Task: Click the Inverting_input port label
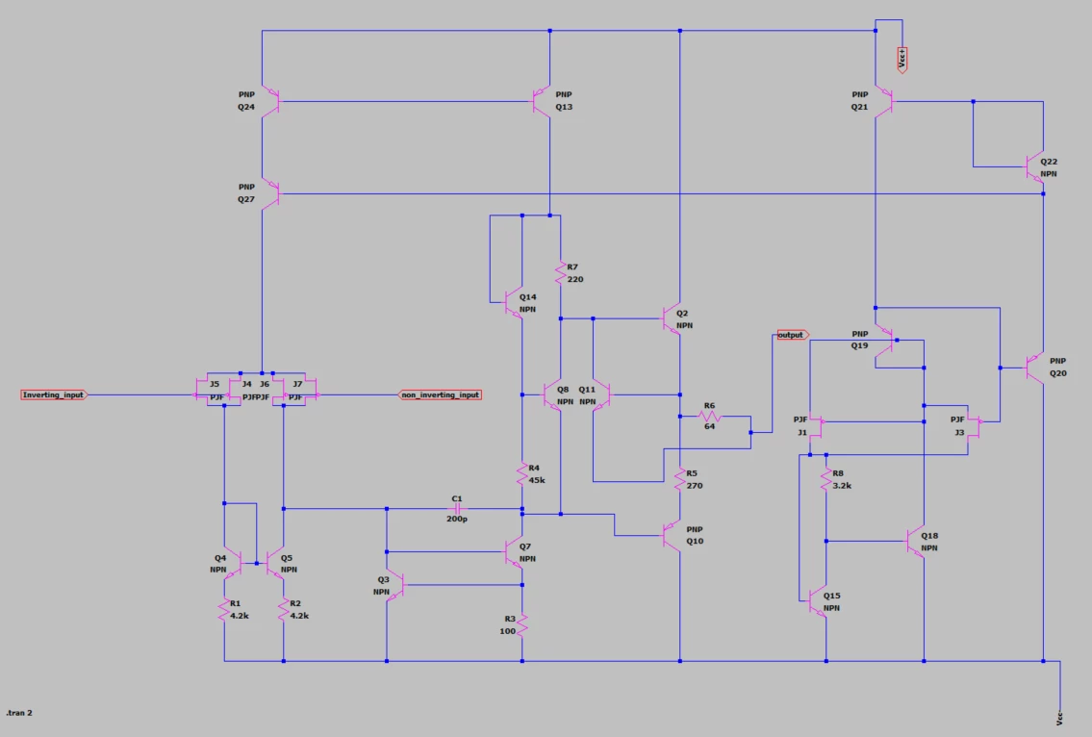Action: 54,395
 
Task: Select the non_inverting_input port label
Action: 440,395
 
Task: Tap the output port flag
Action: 793,335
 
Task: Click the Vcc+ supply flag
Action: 902,60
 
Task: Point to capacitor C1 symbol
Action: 457,509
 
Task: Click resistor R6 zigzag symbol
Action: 710,417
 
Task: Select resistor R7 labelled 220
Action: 561,272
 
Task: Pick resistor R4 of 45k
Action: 522,474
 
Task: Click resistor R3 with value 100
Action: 522,624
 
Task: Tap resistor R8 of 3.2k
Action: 825,479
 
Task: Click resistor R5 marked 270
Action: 679,479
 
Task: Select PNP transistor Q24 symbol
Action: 270,102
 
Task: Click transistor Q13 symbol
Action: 542,102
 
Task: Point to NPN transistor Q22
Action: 1035,167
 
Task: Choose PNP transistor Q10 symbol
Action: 672,536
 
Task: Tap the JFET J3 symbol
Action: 974,425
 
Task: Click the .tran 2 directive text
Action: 19,713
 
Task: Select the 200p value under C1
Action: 457,519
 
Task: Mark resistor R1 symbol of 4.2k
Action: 224,610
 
